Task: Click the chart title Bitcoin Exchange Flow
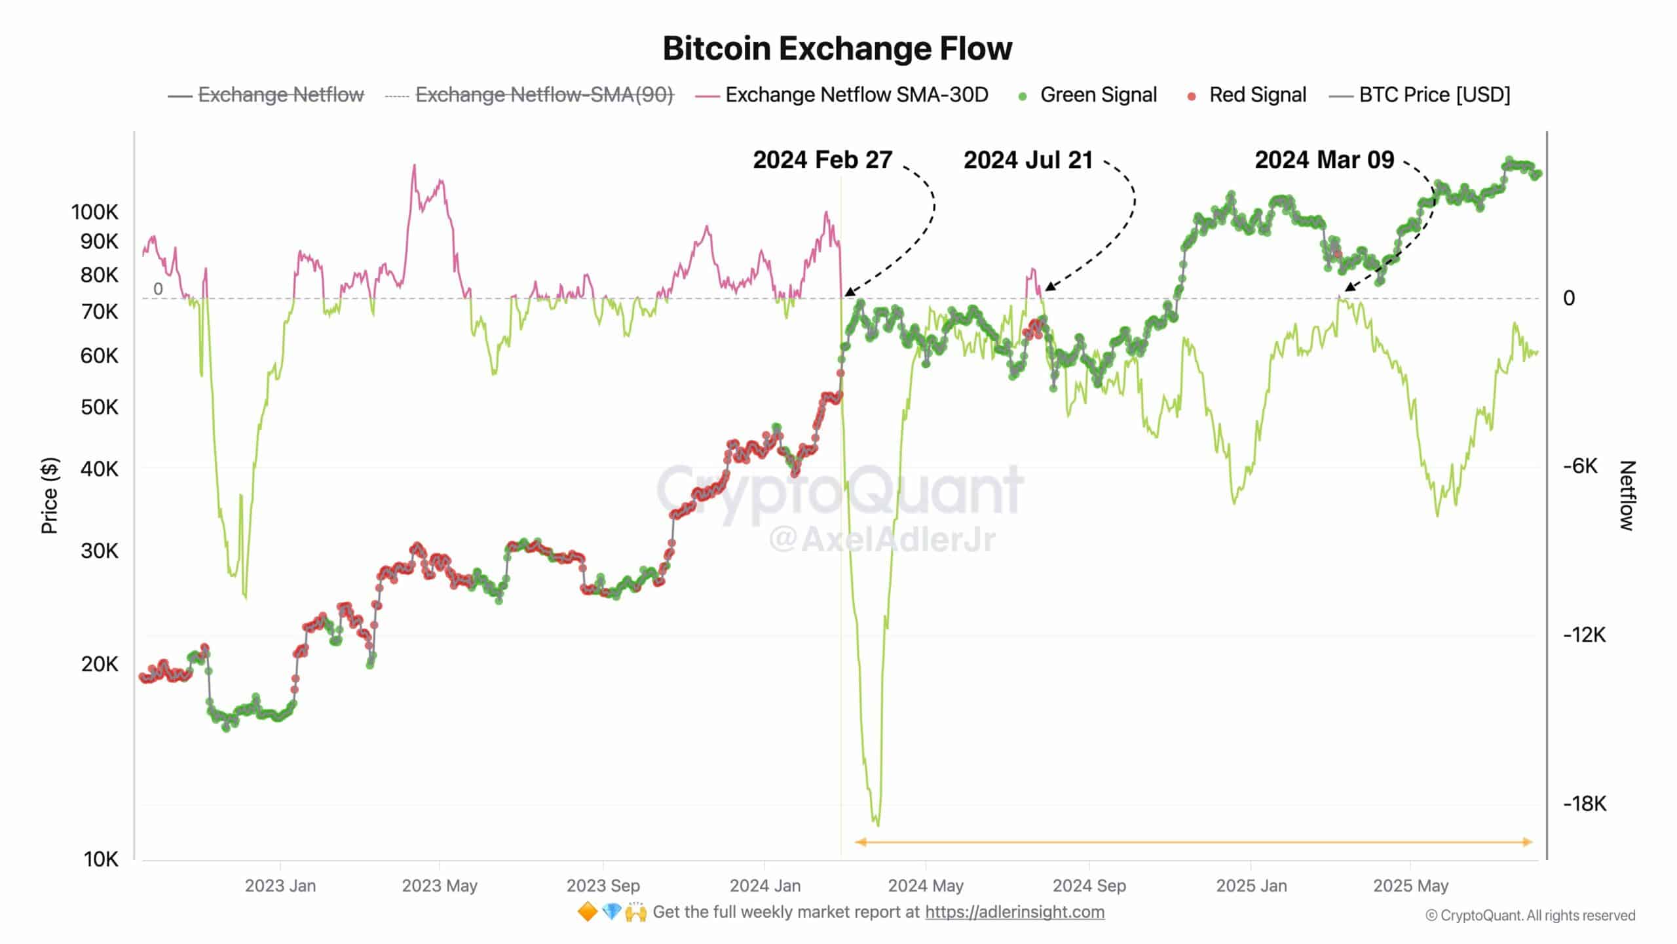837,49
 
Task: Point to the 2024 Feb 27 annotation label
822,160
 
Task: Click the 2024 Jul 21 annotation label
1028,160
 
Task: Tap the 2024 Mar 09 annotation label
1324,160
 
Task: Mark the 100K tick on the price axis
95,212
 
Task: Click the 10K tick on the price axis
101,859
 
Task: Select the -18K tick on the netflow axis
1584,804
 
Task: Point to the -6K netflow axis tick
1580,466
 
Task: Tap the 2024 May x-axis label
925,886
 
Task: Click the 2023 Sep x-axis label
603,886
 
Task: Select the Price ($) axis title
49,496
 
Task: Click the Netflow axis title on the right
1627,496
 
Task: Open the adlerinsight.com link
1014,912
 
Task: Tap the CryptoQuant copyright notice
1530,916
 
